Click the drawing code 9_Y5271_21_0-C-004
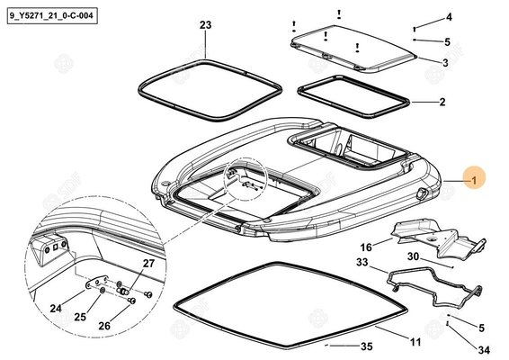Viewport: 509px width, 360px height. [x=51, y=16]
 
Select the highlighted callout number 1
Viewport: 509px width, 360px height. [x=474, y=180]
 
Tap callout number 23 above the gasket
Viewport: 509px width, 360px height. [x=205, y=25]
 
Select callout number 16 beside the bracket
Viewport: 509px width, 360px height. [x=366, y=247]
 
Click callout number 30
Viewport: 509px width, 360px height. [x=414, y=256]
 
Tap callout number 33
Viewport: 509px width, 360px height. [x=362, y=262]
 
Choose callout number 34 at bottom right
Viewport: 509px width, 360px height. [x=484, y=350]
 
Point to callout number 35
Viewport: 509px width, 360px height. [x=367, y=346]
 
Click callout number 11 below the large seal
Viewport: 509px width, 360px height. [x=415, y=342]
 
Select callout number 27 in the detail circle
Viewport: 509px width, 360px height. [x=148, y=263]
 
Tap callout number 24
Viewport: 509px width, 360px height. [x=56, y=308]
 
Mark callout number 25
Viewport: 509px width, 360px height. [x=80, y=317]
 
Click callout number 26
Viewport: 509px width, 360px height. [x=104, y=326]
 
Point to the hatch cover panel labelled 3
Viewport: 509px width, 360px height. [x=353, y=49]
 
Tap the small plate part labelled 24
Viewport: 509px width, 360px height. [x=96, y=282]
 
